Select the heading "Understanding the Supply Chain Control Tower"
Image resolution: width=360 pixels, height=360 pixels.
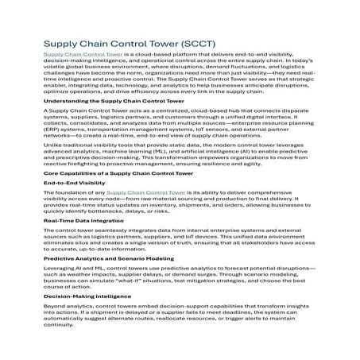tap(114, 102)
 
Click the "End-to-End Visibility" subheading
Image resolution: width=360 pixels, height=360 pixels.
tap(75, 203)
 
